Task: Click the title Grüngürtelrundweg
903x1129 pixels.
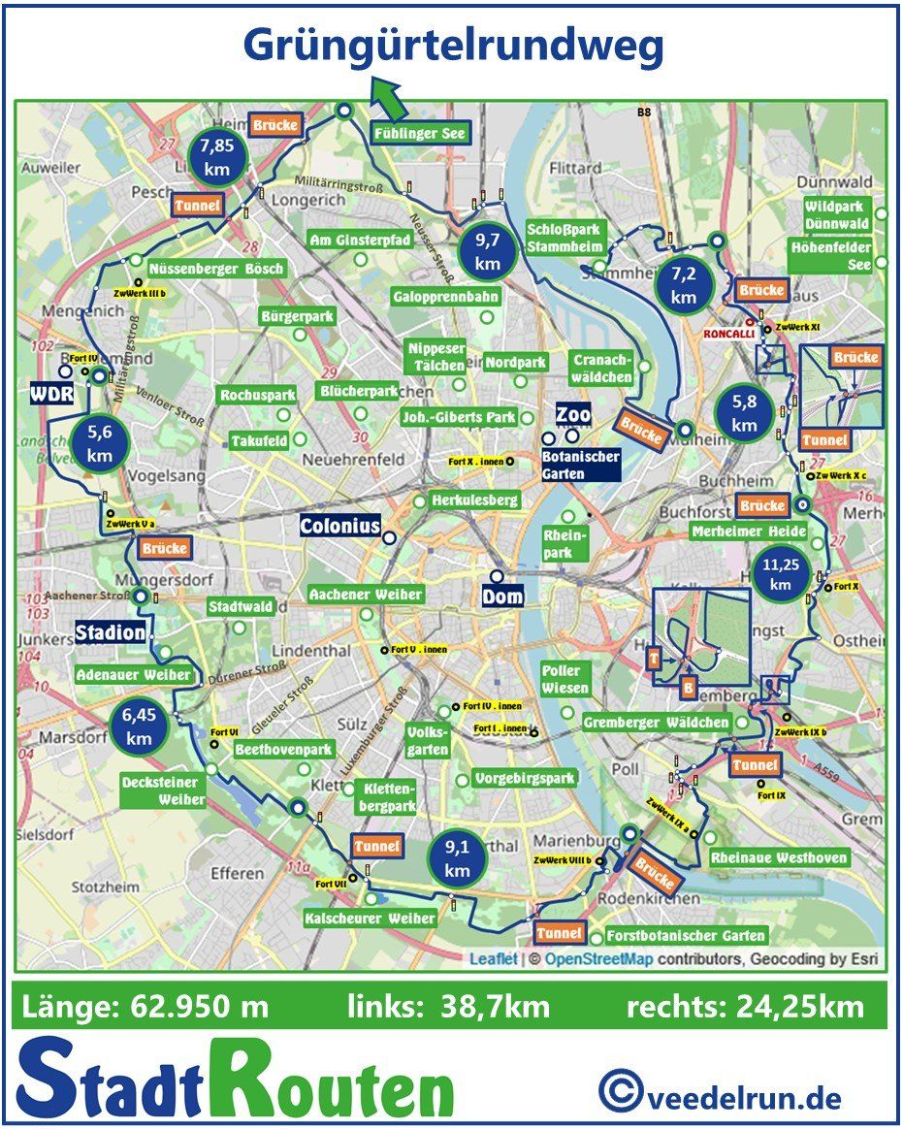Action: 453,46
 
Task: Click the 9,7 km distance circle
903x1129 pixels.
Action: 487,251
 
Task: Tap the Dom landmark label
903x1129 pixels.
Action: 503,597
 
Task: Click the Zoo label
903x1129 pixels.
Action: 573,415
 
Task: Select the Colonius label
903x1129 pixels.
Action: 339,527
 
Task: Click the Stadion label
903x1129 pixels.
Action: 112,633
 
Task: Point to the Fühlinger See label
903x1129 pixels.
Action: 420,133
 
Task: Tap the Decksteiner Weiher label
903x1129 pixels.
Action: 162,790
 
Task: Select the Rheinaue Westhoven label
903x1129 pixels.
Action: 779,857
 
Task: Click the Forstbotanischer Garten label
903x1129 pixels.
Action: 686,936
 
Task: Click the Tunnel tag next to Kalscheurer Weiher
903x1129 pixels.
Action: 376,847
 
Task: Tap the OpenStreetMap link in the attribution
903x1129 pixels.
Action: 599,959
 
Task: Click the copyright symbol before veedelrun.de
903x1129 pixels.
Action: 619,1090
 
